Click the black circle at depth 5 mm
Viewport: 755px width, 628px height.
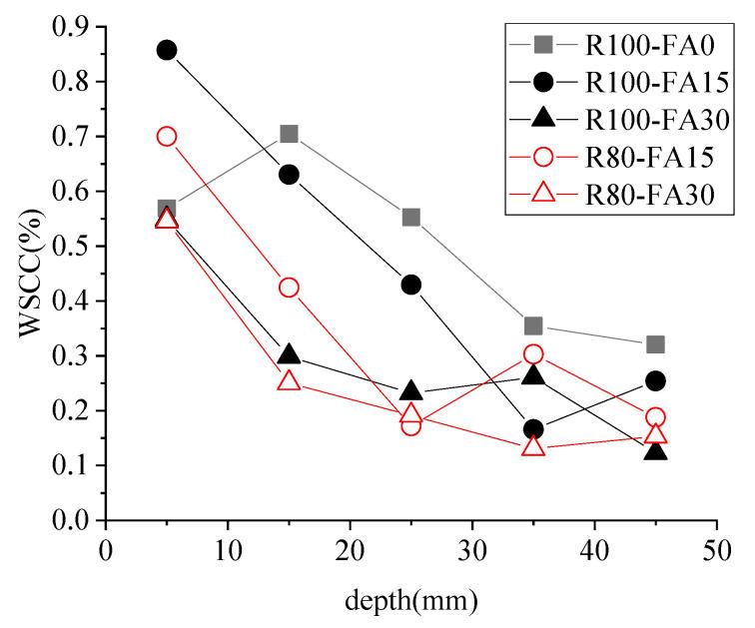[167, 50]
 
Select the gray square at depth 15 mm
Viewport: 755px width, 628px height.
[290, 134]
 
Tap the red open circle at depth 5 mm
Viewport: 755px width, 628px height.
[167, 137]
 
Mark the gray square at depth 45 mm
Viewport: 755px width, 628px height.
[656, 344]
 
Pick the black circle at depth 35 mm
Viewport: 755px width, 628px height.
[533, 429]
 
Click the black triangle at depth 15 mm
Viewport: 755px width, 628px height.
[290, 354]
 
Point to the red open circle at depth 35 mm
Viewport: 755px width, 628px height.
[533, 354]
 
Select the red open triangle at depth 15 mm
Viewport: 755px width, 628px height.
[290, 380]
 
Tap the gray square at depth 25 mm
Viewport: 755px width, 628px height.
[411, 217]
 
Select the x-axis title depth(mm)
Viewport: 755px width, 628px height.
[411, 602]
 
